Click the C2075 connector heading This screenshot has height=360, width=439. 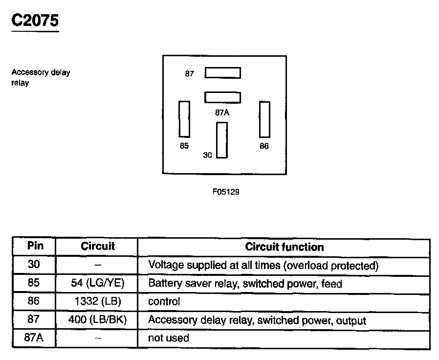pos(35,21)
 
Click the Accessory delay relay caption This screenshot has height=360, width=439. pos(41,78)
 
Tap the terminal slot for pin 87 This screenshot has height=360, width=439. pos(222,73)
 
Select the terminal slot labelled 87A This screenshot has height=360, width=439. pos(222,97)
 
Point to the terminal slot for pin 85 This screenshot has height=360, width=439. pos(184,119)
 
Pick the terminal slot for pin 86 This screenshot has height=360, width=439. pos(264,119)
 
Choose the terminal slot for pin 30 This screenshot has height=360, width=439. pos(222,140)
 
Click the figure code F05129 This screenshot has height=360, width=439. pos(225,192)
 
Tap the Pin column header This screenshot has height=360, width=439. pos(35,246)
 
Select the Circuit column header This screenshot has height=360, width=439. pos(98,246)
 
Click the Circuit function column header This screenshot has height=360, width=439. pos(284,247)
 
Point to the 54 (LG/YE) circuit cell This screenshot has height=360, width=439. pos(98,284)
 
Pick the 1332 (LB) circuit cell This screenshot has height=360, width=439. pos(98,302)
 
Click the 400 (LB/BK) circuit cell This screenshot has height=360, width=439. pos(98,320)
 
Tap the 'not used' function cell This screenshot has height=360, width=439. pos(168,338)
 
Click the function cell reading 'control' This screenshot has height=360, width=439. pos(164,302)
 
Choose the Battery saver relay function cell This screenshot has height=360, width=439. pos(245,284)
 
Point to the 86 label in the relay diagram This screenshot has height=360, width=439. pos(264,146)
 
